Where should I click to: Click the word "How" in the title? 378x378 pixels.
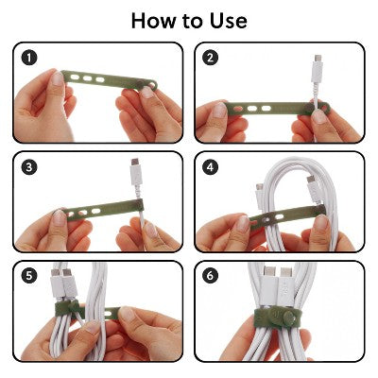(154, 21)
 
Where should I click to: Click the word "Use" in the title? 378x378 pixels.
(227, 21)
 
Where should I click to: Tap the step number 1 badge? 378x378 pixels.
(29, 59)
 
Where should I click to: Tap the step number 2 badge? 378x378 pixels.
(210, 58)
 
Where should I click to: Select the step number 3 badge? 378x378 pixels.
(29, 167)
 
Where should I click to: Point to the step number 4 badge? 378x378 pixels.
(210, 167)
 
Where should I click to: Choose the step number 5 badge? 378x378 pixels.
(29, 276)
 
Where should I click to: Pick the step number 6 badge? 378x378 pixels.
(210, 276)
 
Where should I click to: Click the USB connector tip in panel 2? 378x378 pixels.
(318, 59)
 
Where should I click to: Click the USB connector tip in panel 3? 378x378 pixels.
(135, 163)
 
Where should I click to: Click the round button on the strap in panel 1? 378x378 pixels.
(141, 84)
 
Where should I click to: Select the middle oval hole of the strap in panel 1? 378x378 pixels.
(88, 78)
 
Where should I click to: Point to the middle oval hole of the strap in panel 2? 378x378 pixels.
(252, 109)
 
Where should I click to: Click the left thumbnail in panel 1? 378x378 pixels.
(58, 78)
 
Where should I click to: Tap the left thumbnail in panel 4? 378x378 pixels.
(243, 224)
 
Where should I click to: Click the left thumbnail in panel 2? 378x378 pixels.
(219, 111)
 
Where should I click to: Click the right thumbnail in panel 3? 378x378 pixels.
(150, 230)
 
